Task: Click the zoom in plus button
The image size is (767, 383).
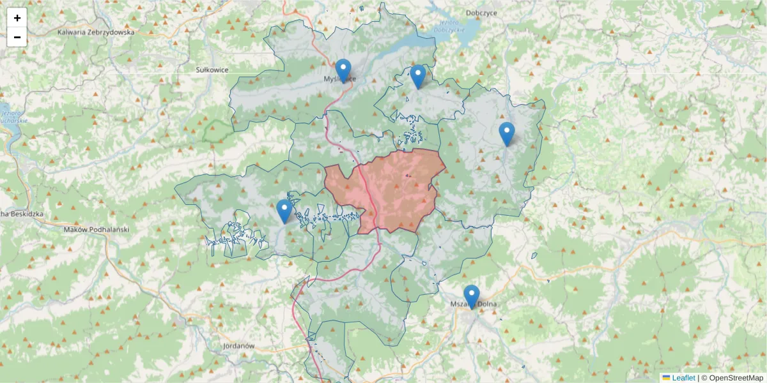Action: (17, 18)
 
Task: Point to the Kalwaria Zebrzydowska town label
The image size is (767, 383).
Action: (96, 31)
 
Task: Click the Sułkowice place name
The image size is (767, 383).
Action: (212, 69)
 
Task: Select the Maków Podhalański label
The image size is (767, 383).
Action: (97, 229)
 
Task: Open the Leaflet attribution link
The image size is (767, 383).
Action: (683, 378)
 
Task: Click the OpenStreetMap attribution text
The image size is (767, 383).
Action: (736, 378)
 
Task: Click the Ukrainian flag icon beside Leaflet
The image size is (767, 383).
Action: (666, 378)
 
